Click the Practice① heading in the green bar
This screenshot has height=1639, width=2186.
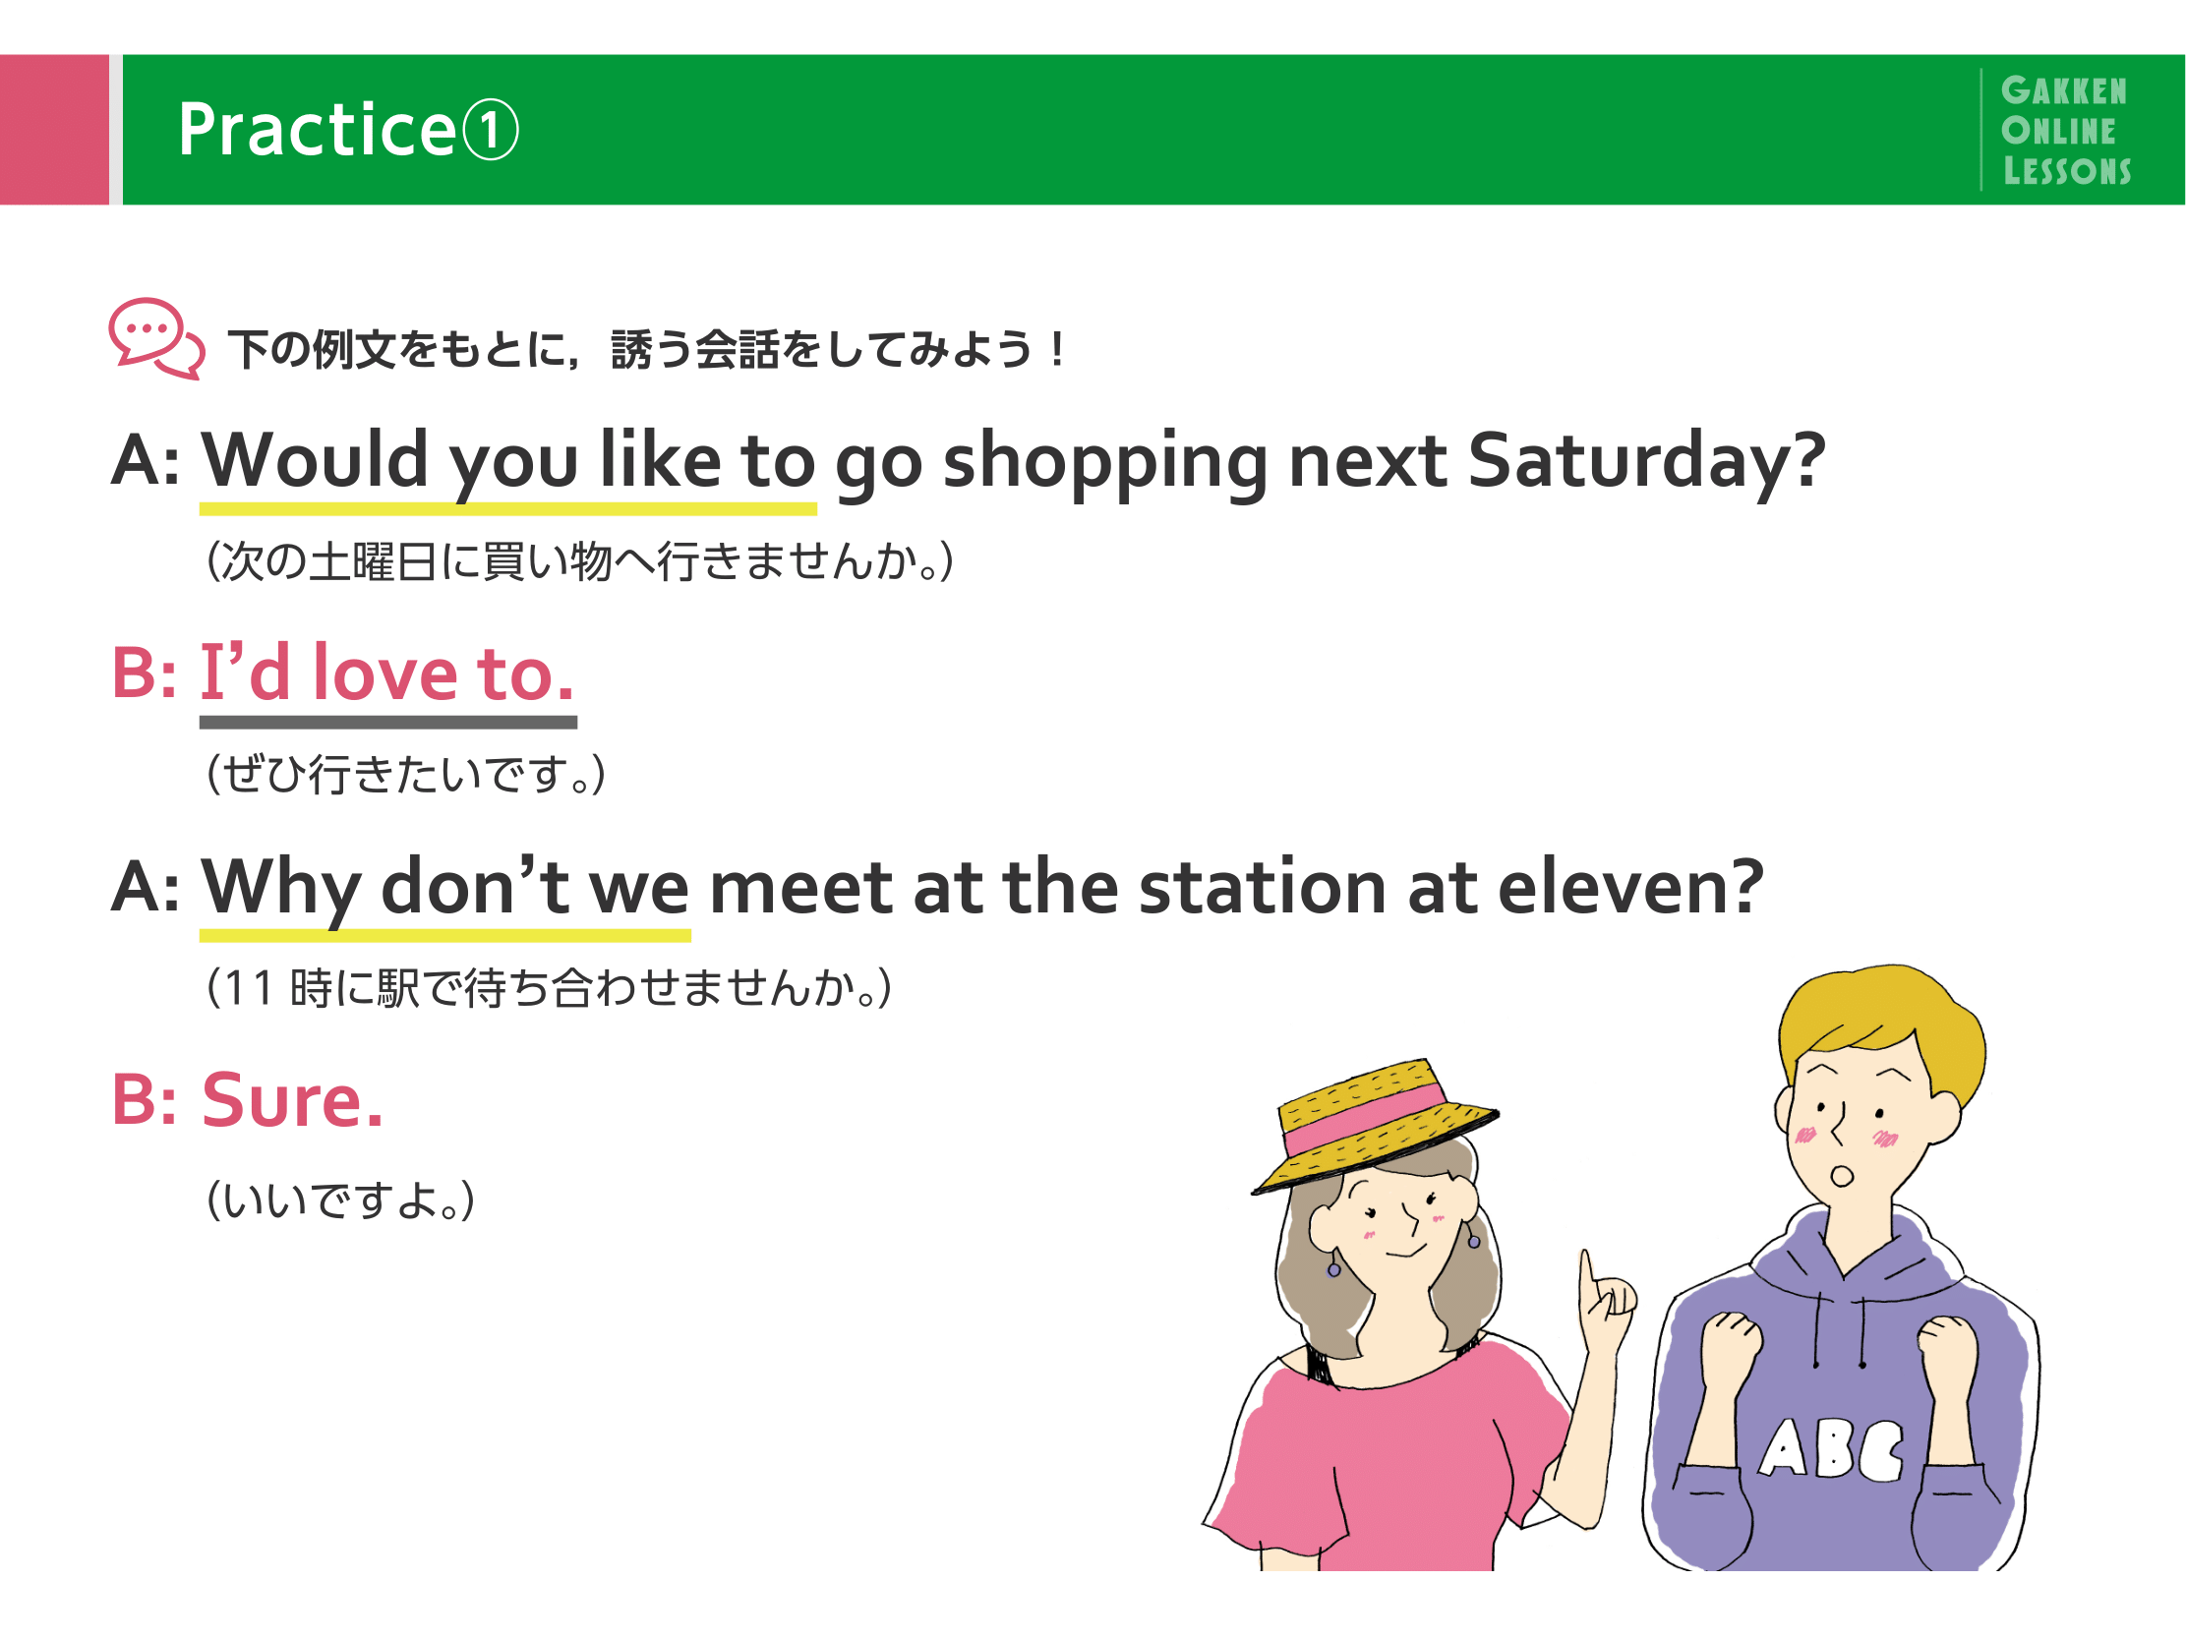(348, 130)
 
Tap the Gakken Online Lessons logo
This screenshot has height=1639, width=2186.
(2065, 131)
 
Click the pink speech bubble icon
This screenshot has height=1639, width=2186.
(156, 338)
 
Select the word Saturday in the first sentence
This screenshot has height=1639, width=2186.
(1646, 461)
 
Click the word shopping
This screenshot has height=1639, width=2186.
(1105, 463)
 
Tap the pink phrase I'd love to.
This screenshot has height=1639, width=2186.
(386, 672)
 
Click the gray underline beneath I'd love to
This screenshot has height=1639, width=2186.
(388, 723)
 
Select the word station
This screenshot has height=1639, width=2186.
(1263, 886)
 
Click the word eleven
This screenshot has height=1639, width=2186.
(1630, 886)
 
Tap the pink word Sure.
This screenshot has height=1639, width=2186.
(291, 1099)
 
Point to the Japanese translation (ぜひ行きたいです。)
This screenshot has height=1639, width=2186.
(405, 774)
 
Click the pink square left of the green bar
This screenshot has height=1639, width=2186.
(54, 130)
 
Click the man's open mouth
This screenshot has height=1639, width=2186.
(1841, 1177)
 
